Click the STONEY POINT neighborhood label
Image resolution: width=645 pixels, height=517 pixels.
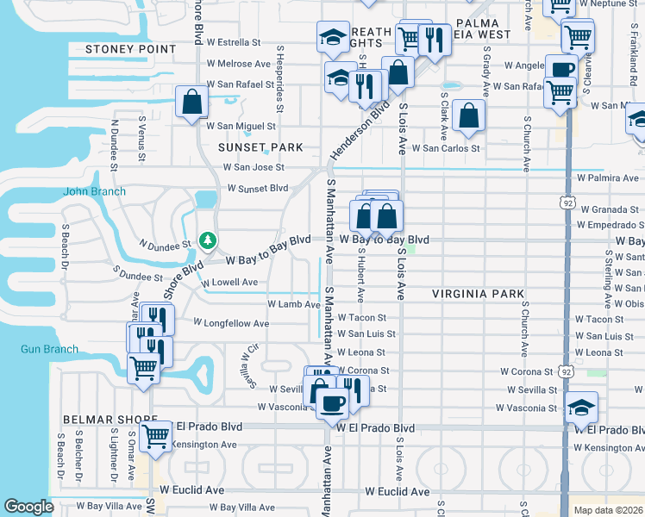tap(130, 49)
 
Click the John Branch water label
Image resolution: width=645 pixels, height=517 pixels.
tap(95, 191)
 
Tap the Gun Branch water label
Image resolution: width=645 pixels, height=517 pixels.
tap(49, 350)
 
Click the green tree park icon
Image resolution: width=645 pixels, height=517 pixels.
tap(207, 240)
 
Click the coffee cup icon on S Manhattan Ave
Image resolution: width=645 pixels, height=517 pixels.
tap(332, 402)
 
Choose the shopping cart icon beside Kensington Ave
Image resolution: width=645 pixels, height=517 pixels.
tap(156, 436)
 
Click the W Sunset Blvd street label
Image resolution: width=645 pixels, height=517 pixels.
tap(257, 188)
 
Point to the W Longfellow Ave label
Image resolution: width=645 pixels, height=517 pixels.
tap(231, 323)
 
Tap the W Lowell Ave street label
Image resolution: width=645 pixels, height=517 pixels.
tap(229, 282)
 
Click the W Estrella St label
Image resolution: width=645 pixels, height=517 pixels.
tap(233, 41)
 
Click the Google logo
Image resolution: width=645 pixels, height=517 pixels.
tap(28, 507)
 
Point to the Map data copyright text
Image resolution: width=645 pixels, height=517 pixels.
tap(607, 510)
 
